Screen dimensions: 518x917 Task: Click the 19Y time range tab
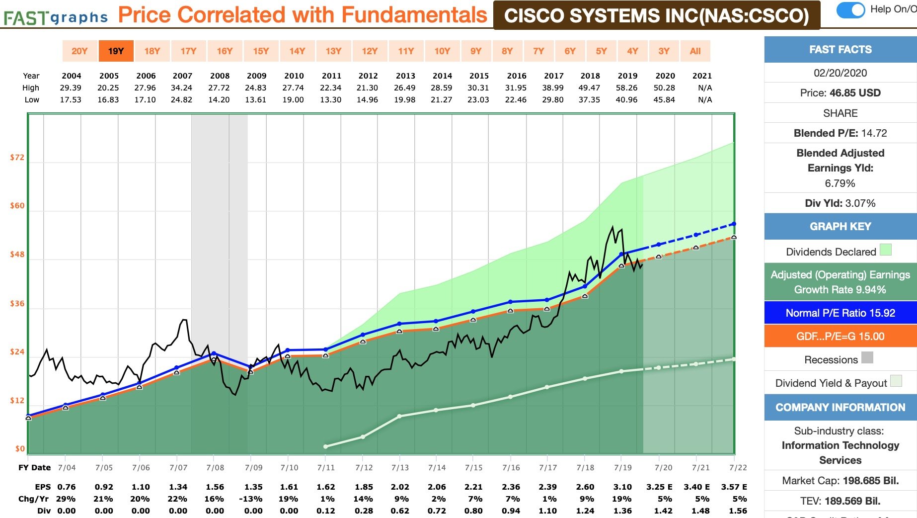tap(116, 51)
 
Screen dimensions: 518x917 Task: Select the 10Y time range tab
tap(442, 51)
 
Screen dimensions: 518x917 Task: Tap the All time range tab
tap(695, 51)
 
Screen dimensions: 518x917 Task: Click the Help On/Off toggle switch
tap(850, 10)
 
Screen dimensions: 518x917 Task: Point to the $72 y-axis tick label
tap(17, 157)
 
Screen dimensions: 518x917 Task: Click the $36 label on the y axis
tap(17, 303)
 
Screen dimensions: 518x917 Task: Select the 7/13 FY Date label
tap(400, 467)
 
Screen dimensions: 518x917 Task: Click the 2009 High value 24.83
tap(256, 87)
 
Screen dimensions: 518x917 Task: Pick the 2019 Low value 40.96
tap(626, 99)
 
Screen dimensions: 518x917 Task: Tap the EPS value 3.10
tap(622, 487)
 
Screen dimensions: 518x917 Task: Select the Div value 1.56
tap(738, 511)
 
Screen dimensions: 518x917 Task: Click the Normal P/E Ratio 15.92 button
tap(840, 313)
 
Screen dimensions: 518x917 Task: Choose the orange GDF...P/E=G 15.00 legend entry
tap(840, 336)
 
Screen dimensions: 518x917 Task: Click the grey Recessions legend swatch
tap(867, 357)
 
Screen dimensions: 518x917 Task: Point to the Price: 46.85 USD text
tap(840, 92)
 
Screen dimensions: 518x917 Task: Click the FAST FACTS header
tap(840, 49)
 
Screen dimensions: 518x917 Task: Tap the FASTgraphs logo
tap(55, 17)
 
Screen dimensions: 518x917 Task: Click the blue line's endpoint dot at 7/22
tap(734, 224)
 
